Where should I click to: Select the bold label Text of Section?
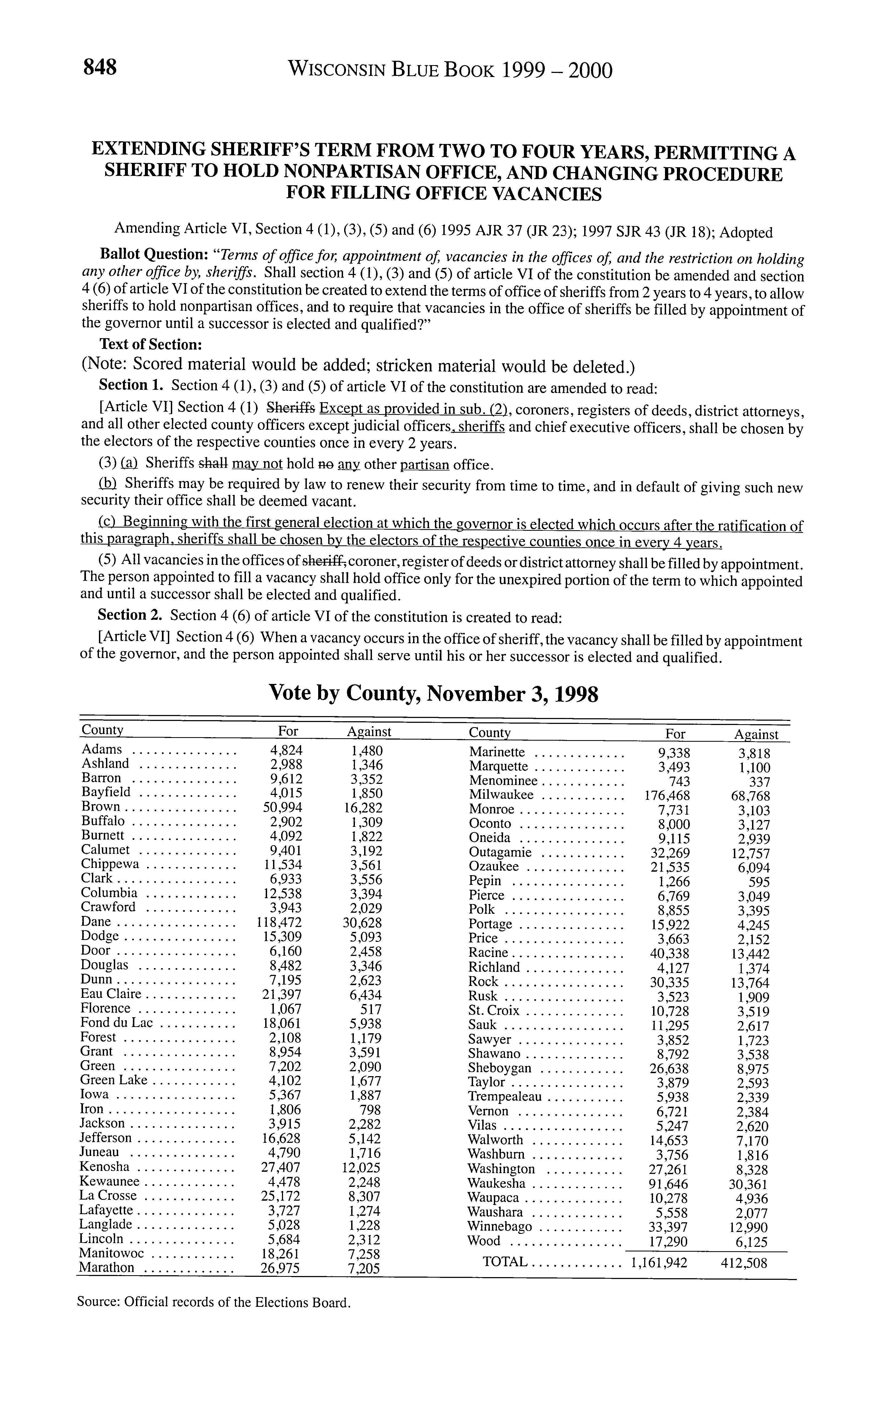[x=150, y=344]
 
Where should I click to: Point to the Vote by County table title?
[x=433, y=693]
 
